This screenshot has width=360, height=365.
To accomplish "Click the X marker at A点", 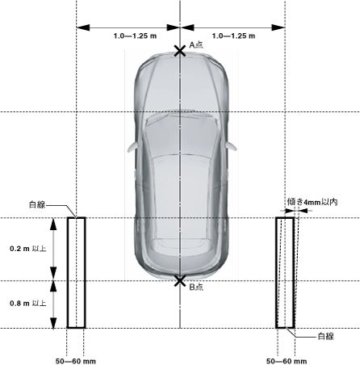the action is tap(180, 51).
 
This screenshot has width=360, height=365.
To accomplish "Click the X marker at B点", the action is tap(180, 281).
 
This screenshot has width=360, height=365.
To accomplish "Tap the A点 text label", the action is tap(196, 44).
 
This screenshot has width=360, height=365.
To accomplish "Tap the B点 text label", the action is tap(196, 287).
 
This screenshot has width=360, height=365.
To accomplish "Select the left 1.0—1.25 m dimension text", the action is tap(135, 36).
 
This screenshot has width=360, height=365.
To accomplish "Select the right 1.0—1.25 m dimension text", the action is tap(233, 36).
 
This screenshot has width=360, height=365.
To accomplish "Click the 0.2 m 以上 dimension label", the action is tap(28, 249).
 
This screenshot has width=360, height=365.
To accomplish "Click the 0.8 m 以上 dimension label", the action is tap(28, 304).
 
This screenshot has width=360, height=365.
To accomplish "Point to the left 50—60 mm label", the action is tap(76, 361).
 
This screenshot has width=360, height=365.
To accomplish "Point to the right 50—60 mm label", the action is tap(287, 361).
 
